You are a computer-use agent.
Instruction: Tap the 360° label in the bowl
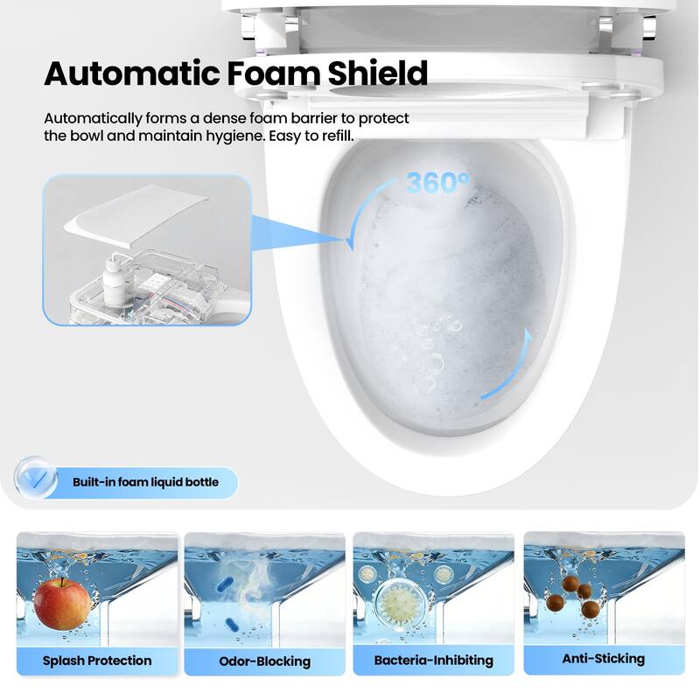tap(438, 184)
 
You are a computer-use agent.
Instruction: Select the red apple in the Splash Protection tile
tap(62, 603)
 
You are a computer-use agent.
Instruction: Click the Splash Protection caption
tap(97, 660)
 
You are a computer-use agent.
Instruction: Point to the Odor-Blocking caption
tap(264, 661)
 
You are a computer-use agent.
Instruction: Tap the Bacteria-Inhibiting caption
tap(434, 660)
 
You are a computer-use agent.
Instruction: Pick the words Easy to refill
tap(311, 135)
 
